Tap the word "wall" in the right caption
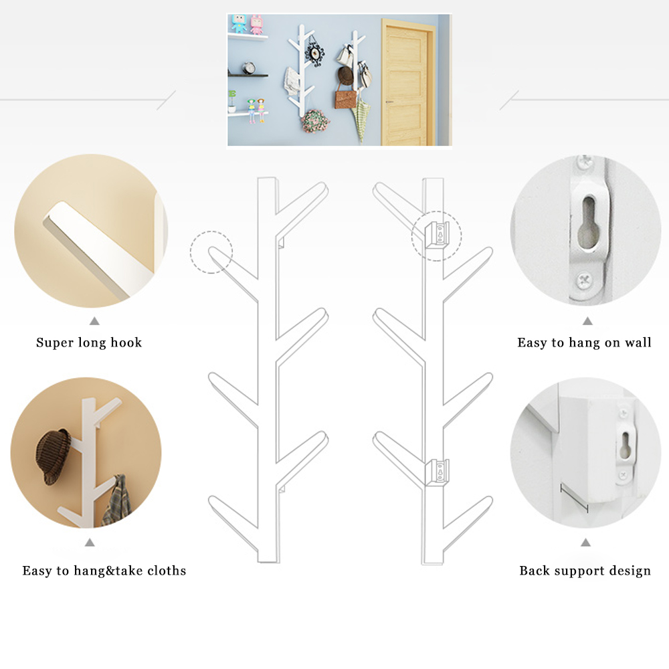tap(638, 343)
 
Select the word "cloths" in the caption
tap(167, 571)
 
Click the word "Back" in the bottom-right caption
tap(533, 571)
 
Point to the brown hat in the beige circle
tap(53, 456)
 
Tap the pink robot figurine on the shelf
tap(256, 24)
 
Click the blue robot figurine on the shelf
tap(239, 24)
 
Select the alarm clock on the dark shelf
tap(249, 68)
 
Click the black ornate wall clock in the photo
tap(314, 54)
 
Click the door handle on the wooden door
tap(389, 102)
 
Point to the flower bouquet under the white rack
tap(315, 121)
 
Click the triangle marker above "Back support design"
tap(585, 543)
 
